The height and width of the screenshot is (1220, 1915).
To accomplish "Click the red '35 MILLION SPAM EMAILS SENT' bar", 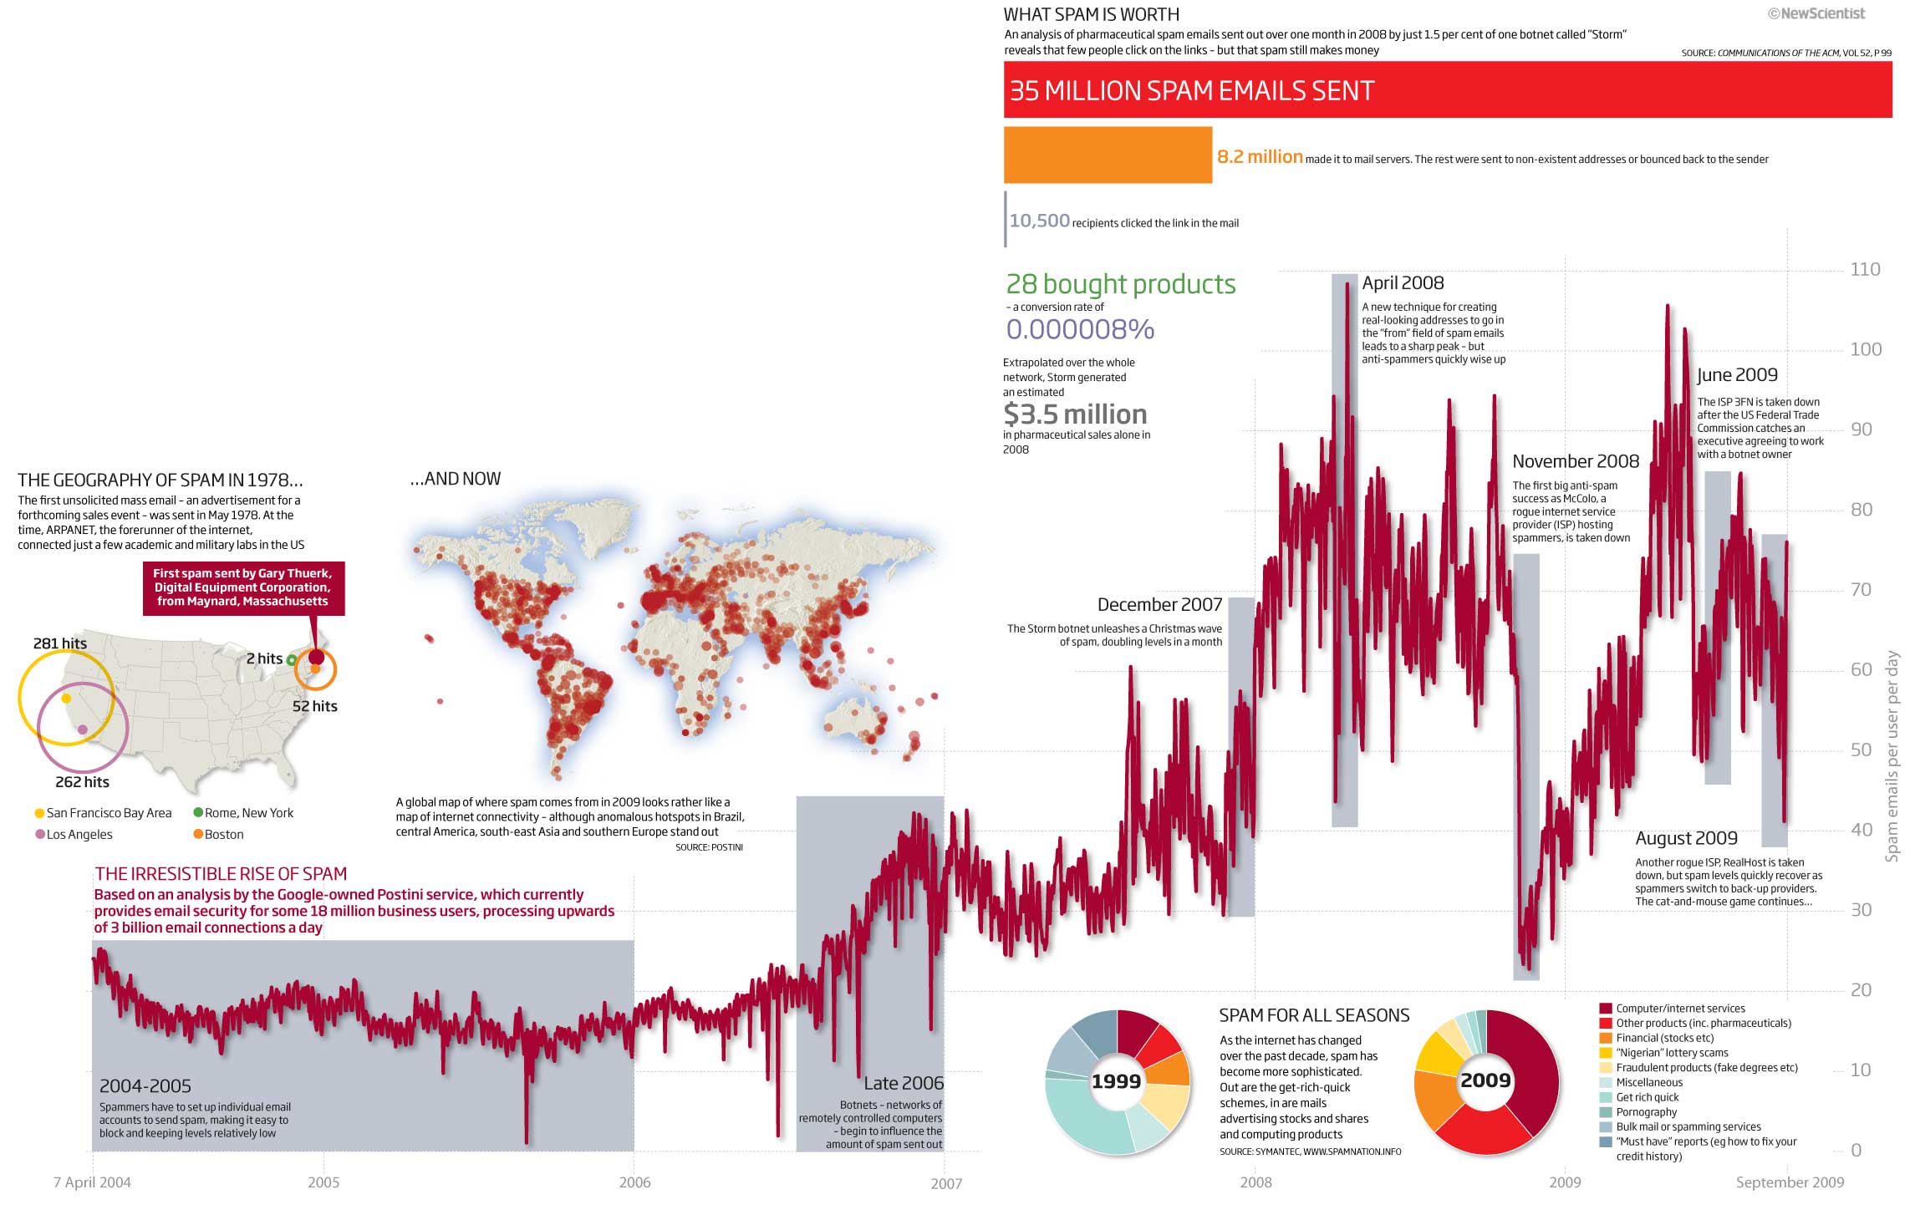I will (x=1447, y=89).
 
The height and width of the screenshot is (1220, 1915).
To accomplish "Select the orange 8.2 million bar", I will (x=1108, y=155).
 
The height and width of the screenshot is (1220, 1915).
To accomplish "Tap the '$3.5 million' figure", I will (x=1075, y=414).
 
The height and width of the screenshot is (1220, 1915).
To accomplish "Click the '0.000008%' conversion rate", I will (x=1080, y=329).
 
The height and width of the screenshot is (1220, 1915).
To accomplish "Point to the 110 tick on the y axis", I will (x=1865, y=269).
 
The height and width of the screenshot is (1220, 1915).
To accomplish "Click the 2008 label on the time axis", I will (x=1255, y=1182).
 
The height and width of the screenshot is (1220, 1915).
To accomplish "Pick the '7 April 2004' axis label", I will (x=92, y=1182).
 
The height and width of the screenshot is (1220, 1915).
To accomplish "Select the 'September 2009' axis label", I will (x=1790, y=1182).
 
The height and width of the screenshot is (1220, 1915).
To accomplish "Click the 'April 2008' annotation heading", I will (x=1403, y=283).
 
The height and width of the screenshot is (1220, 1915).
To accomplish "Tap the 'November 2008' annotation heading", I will (x=1576, y=461).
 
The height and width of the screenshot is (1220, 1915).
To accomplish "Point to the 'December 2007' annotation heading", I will (x=1159, y=604).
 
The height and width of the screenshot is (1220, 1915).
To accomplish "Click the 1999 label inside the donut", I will (x=1116, y=1081).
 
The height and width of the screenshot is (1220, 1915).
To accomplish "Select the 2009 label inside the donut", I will (x=1485, y=1080).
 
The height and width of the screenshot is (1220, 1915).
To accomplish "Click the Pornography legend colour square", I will (x=1605, y=1112).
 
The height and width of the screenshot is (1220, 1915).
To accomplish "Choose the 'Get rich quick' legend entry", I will (x=1647, y=1097).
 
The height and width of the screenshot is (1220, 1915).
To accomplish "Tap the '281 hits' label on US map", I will (x=60, y=643).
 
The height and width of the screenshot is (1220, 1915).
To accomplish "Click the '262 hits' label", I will (x=82, y=782).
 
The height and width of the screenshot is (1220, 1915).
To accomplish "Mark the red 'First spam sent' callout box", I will (x=243, y=587).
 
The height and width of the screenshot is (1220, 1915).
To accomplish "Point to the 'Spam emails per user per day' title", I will (x=1892, y=756).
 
